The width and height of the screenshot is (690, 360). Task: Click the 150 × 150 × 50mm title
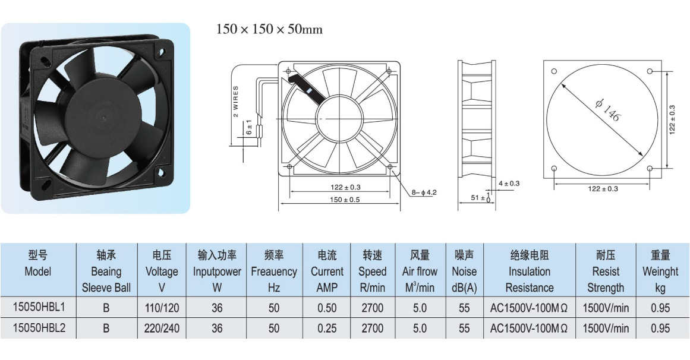click(x=269, y=30)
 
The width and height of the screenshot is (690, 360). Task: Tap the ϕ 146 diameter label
click(x=608, y=110)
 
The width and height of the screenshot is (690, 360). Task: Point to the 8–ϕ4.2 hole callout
click(x=424, y=192)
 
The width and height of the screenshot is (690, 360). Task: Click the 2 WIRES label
click(x=236, y=101)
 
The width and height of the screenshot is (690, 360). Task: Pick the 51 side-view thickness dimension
click(x=481, y=197)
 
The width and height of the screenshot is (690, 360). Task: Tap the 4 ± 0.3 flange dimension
click(x=509, y=184)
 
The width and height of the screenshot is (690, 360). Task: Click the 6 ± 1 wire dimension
click(x=249, y=127)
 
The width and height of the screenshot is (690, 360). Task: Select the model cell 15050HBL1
click(x=39, y=307)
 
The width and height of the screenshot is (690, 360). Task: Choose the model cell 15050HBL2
click(x=39, y=328)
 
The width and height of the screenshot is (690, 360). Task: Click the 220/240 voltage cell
click(x=162, y=329)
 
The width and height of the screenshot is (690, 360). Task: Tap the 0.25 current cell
click(x=327, y=329)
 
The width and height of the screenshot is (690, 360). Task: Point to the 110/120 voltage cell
click(x=162, y=308)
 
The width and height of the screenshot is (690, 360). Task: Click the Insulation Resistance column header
click(x=530, y=271)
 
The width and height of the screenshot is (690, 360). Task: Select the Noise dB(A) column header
click(x=464, y=271)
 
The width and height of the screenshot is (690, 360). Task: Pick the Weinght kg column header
click(x=660, y=271)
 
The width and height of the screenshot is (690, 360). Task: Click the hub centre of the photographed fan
click(x=104, y=118)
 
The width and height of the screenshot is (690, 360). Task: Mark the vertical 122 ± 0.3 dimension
click(x=672, y=120)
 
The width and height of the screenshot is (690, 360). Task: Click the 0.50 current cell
click(x=327, y=308)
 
